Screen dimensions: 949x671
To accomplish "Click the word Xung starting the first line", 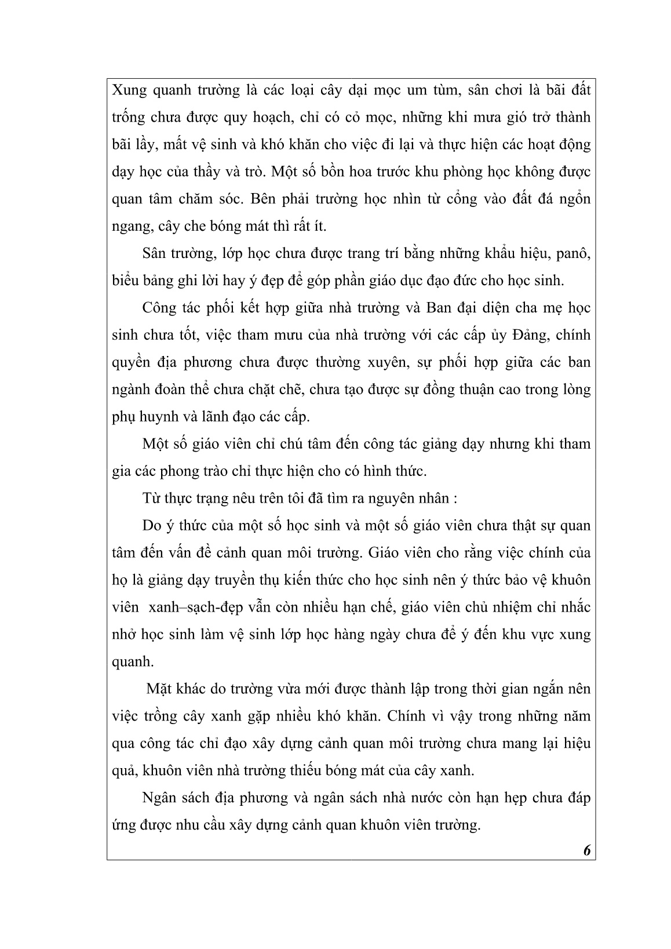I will pos(129,90).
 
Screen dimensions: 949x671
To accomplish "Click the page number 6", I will pos(586,850).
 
